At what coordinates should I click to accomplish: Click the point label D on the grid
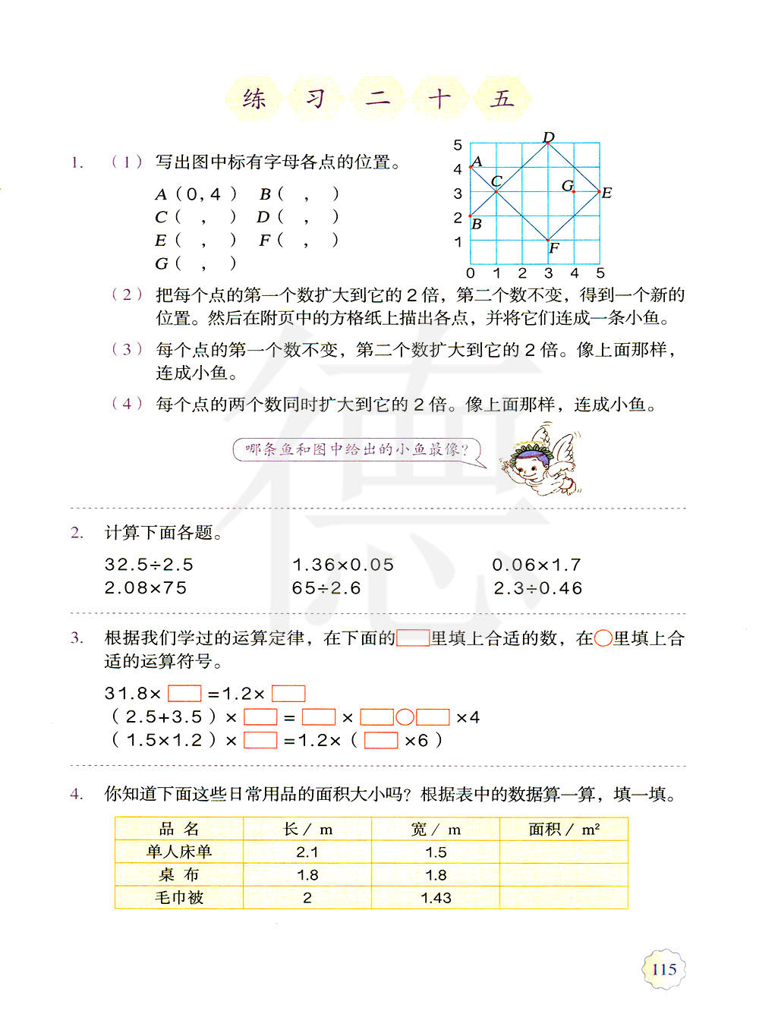(x=549, y=137)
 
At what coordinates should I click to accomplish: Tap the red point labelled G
(x=573, y=191)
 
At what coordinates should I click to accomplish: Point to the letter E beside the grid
(x=606, y=193)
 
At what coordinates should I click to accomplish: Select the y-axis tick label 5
(x=458, y=145)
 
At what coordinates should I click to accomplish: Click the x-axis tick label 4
(x=575, y=273)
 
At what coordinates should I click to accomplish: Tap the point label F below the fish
(x=554, y=248)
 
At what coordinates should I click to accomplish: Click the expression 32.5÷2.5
(x=150, y=565)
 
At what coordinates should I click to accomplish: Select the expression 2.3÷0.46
(x=537, y=588)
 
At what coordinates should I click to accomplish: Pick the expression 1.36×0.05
(x=343, y=565)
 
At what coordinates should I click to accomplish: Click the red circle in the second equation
(x=405, y=717)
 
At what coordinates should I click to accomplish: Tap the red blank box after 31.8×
(x=184, y=694)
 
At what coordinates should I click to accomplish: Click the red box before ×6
(x=381, y=741)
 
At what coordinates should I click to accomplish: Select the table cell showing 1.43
(x=436, y=898)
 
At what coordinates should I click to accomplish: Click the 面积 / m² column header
(x=564, y=829)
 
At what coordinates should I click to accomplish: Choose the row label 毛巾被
(x=179, y=898)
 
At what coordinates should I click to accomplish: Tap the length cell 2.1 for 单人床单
(x=307, y=852)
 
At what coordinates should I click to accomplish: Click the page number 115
(x=664, y=969)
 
